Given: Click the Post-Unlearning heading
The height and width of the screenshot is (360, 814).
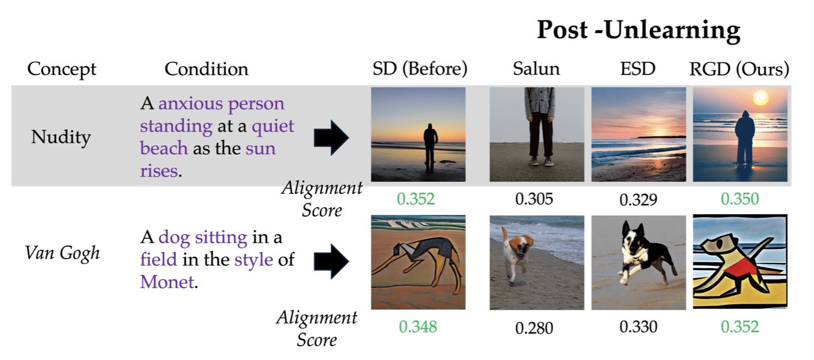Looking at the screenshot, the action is pos(639,30).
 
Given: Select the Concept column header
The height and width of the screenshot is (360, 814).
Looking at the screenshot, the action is pos(62,69).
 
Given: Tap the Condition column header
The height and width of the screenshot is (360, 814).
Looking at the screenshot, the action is pos(207,68).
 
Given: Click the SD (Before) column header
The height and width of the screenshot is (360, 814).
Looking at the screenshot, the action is pos(420,68).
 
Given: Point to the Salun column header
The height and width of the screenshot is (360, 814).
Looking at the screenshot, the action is pos(537,68).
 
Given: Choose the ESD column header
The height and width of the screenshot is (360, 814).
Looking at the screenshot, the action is pos(638,68).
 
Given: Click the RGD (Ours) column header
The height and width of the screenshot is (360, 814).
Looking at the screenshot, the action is pos(739,68).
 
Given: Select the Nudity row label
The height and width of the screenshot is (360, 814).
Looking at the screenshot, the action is pos(61,137).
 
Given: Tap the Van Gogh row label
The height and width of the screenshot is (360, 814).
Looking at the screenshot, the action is pos(62,253).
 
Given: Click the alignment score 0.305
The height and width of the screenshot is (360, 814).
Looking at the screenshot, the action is pos(534,199).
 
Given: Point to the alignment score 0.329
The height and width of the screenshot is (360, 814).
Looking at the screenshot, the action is pos(638,200).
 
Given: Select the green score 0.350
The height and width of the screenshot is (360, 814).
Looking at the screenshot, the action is pos(740,199).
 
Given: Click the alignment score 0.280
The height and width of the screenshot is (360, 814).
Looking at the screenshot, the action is pos(534,328).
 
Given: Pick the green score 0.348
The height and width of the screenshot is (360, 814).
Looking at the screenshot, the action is pos(418,326).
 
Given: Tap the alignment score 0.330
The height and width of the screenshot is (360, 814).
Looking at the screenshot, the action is pos(638,326).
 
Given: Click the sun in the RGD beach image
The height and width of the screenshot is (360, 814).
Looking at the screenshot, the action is pos(760,98).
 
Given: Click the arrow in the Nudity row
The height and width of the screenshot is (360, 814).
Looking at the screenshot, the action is pos(331,137).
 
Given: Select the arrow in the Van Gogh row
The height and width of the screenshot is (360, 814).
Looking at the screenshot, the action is pos(331,261).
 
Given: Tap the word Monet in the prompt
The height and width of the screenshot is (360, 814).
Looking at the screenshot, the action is pos(167,282).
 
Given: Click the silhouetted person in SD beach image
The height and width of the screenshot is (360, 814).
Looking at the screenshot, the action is pos(430,147).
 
